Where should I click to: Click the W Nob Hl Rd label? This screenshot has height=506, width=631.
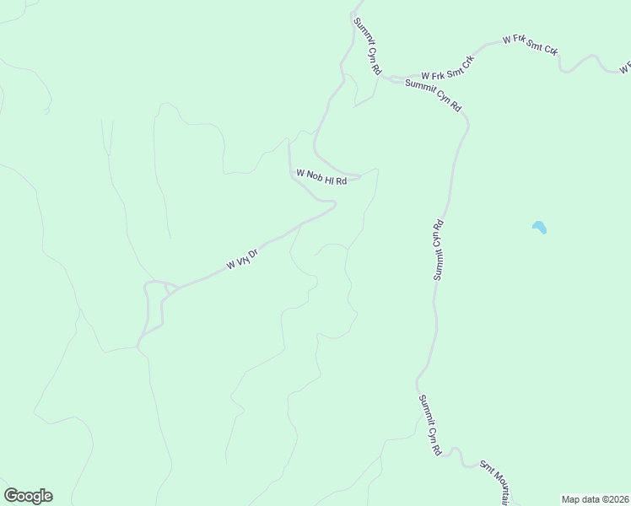pos(321,177)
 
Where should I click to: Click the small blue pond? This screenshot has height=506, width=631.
pos(538,227)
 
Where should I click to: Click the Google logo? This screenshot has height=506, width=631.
pos(28,496)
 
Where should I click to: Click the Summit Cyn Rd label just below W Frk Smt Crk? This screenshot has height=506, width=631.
pos(434,95)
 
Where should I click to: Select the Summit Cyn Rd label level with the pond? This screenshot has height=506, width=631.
pos(438,250)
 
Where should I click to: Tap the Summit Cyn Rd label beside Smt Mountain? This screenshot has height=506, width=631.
pos(429,426)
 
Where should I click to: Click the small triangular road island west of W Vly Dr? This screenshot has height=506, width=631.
pos(171,289)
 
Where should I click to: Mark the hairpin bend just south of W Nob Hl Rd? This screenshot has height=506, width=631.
pos(334,203)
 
